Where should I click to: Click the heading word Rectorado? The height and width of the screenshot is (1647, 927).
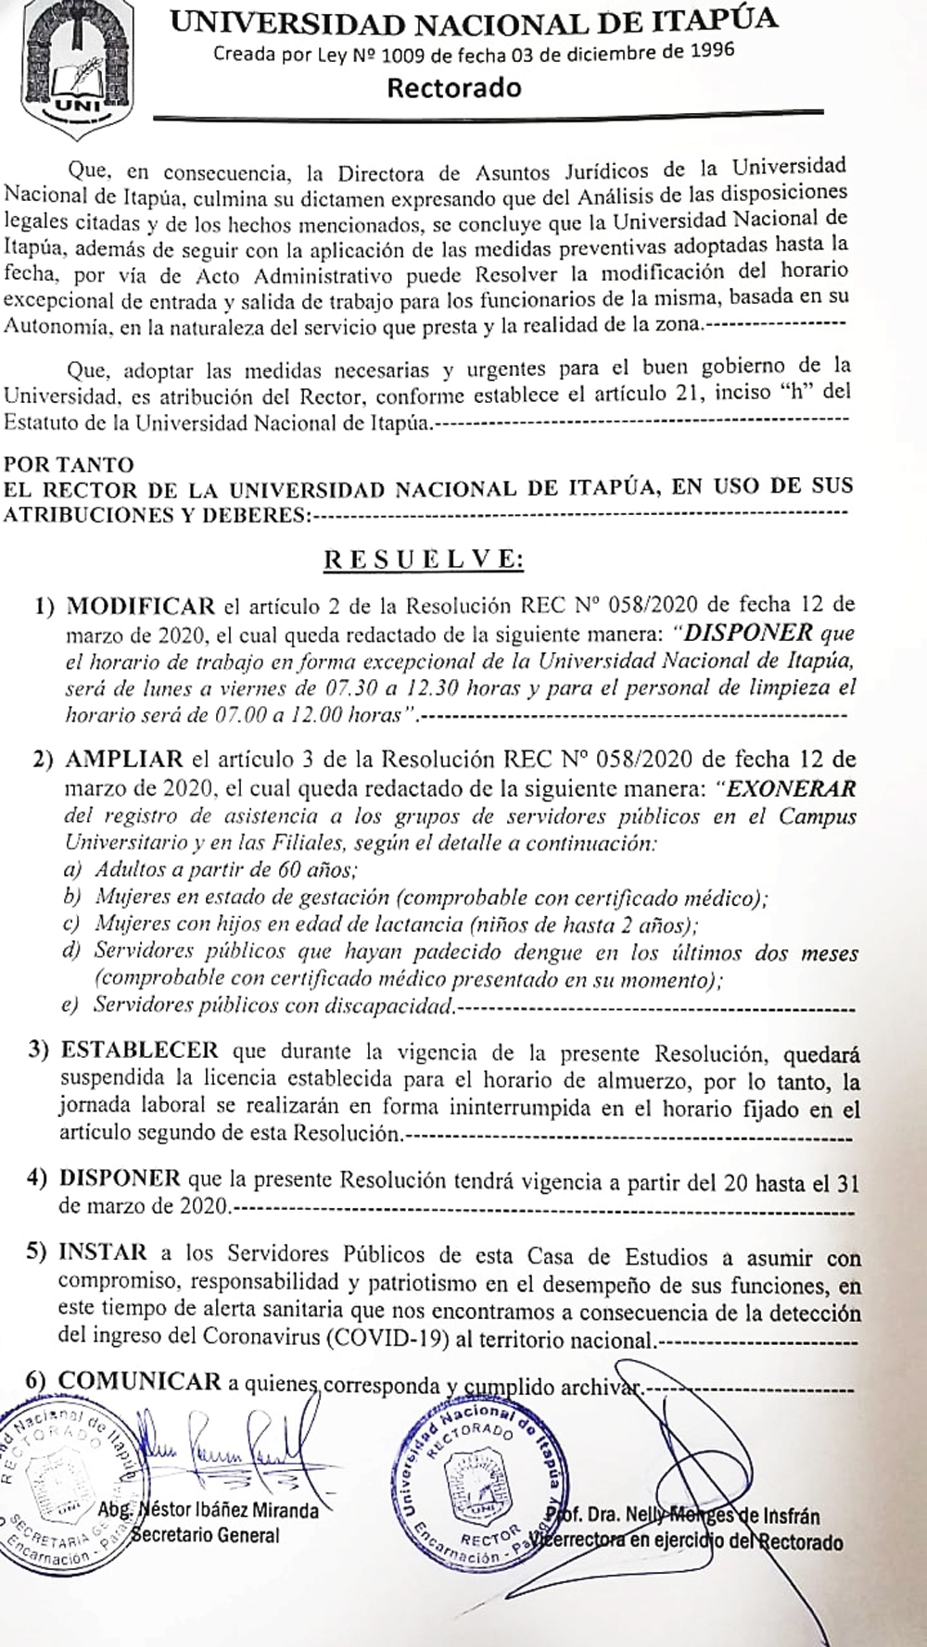tap(454, 89)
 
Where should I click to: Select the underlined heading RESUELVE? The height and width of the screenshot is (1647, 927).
tap(423, 559)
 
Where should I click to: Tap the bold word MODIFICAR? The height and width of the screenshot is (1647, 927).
tap(140, 608)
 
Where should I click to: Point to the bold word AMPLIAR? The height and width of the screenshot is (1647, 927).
tap(124, 760)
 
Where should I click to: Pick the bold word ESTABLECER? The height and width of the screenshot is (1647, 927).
tap(140, 1051)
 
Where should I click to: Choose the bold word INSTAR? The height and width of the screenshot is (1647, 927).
tap(103, 1253)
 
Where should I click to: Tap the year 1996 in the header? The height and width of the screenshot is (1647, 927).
tap(710, 51)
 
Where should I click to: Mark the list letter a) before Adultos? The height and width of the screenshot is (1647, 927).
tap(71, 872)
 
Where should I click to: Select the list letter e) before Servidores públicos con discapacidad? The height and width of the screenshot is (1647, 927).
tap(70, 1007)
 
